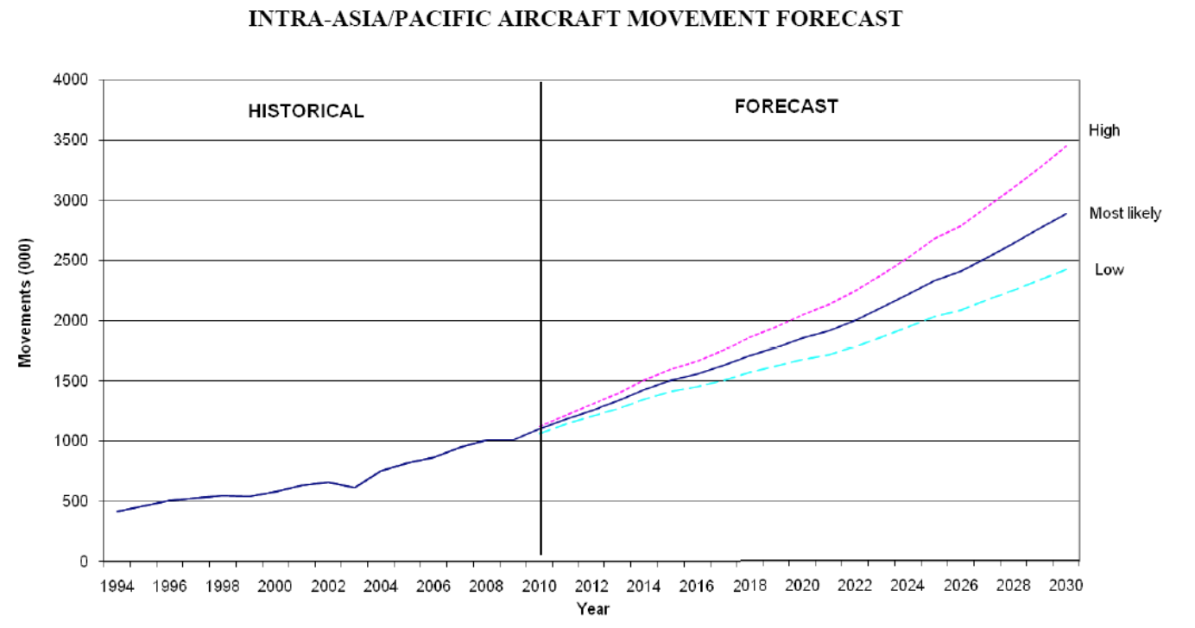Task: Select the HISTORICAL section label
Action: pos(306,111)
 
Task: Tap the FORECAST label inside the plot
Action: pos(787,107)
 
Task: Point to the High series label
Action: pos(1104,131)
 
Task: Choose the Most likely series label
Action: pos(1125,213)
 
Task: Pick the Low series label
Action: pos(1110,270)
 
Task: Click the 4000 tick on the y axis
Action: pos(73,80)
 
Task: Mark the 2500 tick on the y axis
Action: pos(73,261)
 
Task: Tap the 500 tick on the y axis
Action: pos(77,501)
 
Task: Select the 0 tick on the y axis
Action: pos(84,562)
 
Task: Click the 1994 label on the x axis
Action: pos(117,586)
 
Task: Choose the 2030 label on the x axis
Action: pos(1065,586)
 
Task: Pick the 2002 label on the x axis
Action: pos(327,586)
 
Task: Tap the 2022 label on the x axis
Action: pos(854,586)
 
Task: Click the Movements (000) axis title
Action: pos(26,303)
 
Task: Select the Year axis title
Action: pos(593,609)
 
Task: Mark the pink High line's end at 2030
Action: pos(1067,146)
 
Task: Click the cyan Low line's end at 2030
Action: pos(1067,269)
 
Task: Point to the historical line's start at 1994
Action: pos(117,512)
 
